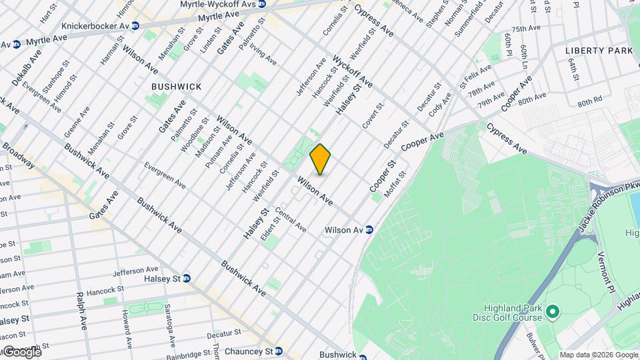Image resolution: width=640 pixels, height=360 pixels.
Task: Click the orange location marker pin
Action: coord(321,159)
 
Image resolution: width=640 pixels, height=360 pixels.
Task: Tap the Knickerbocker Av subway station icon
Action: coord(135,26)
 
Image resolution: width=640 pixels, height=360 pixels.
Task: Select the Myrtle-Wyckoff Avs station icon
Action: coord(262,4)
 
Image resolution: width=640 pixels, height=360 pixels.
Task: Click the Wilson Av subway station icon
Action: coord(369,230)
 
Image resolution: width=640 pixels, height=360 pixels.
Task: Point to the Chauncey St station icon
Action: coord(279,351)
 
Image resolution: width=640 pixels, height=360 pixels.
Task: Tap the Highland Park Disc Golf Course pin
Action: coord(552,311)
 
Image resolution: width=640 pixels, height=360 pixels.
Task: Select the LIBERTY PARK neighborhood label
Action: coord(598,51)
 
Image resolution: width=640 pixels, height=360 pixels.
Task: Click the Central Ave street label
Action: coord(290,223)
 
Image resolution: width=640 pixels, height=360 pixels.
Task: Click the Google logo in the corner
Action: coord(21,351)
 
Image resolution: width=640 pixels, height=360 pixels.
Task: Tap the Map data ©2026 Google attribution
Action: coord(598,355)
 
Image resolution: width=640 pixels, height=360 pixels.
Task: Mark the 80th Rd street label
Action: coord(589,103)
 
